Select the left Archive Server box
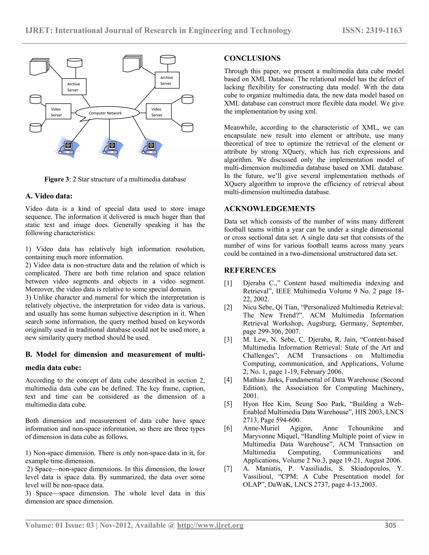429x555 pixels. click(x=74, y=87)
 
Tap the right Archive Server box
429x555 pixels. click(x=167, y=80)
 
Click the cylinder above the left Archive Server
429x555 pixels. click(x=74, y=63)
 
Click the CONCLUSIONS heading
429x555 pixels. click(x=252, y=58)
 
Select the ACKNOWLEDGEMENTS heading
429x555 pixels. click(x=269, y=209)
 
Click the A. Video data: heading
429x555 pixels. click(x=49, y=196)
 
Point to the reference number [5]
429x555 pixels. click(x=228, y=404)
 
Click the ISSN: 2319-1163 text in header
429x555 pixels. click(x=372, y=31)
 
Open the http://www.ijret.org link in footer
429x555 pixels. click(x=210, y=525)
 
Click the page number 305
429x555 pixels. click(x=390, y=525)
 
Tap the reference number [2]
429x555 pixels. click(x=228, y=307)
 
